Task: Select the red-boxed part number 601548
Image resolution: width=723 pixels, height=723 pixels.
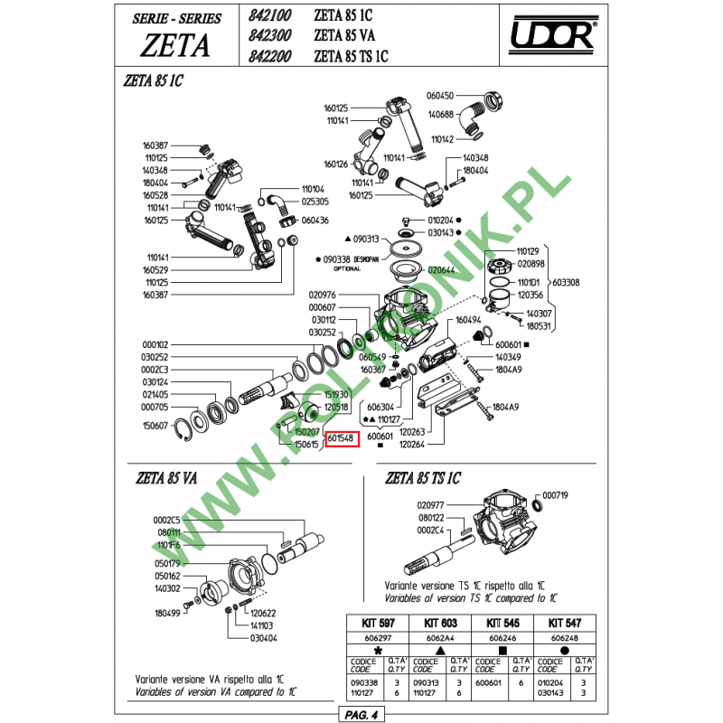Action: coord(343,439)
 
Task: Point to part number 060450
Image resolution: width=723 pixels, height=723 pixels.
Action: coord(439,95)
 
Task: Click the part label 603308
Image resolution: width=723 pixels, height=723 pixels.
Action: coord(567,283)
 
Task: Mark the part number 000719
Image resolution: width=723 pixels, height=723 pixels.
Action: coord(555,496)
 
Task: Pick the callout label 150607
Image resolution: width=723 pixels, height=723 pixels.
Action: coord(155,425)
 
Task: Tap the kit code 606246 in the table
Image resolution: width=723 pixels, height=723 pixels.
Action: coord(502,638)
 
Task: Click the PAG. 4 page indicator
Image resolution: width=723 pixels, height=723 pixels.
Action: coord(361,715)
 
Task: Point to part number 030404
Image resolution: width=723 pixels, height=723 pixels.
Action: coord(265,638)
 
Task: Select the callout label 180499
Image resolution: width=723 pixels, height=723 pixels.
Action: coord(168,613)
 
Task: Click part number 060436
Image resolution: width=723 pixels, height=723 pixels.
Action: coord(315,221)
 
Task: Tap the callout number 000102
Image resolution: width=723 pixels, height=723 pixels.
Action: coord(155,345)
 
